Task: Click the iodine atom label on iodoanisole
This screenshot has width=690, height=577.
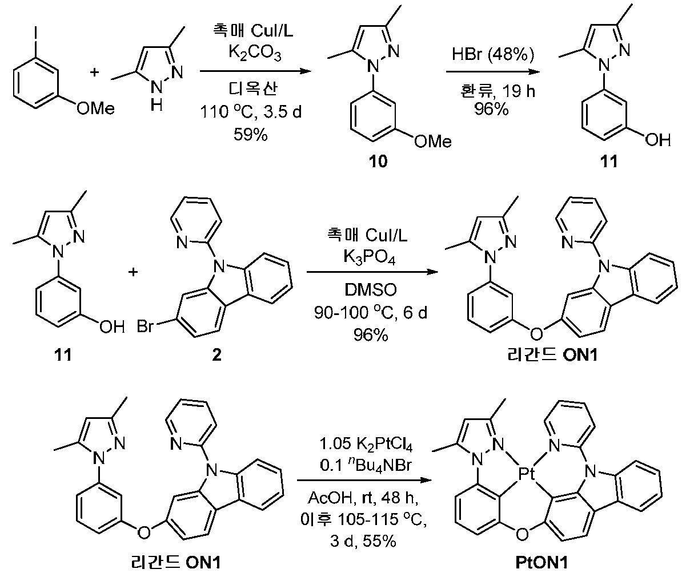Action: point(36,33)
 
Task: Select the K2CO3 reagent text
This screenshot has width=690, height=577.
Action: point(255,53)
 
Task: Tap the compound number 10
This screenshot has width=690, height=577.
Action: point(378,162)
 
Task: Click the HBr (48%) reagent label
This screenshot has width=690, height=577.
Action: point(492,54)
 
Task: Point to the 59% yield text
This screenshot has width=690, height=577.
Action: point(250,134)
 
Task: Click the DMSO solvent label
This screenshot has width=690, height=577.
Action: point(371,290)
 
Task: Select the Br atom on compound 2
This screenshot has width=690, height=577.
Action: point(145,326)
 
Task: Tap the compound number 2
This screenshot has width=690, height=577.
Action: point(216,355)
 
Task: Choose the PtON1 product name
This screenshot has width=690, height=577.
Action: point(541,563)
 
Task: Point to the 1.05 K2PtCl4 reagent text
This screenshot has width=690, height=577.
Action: point(366,444)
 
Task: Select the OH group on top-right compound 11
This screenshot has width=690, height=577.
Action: point(658,140)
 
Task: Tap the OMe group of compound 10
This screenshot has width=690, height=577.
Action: point(433,142)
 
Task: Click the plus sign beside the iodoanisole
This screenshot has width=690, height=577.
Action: point(94,72)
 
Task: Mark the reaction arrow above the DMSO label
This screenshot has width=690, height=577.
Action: point(372,272)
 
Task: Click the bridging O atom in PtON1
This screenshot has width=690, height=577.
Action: point(522,534)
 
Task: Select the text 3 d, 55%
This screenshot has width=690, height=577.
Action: point(363,542)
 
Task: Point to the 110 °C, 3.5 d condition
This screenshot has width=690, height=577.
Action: point(251,112)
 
